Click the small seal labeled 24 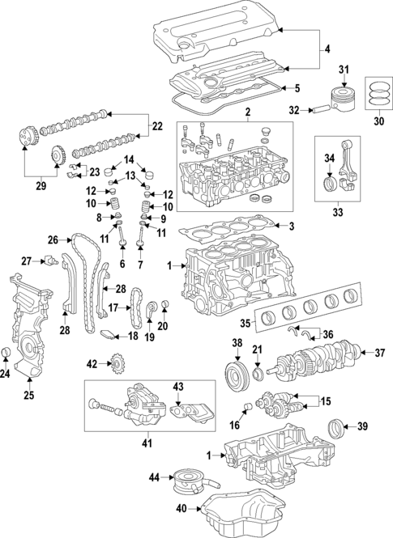tap(6, 351)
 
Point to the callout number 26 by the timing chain tap(53, 239)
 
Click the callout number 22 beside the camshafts tap(157, 126)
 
